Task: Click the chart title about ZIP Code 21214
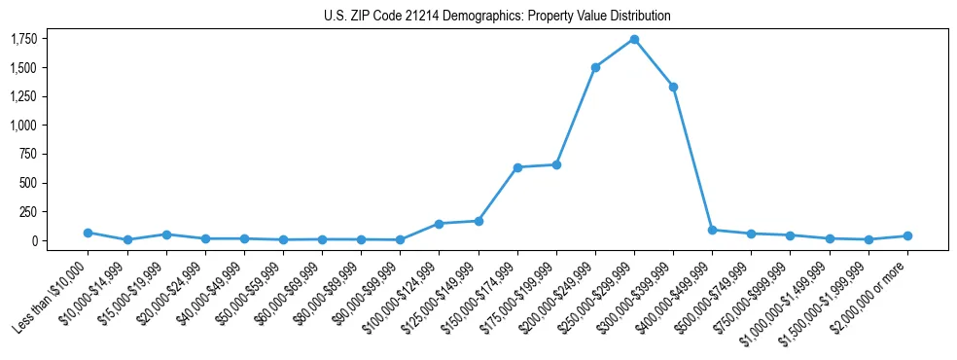[497, 17]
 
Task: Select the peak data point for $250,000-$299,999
[634, 39]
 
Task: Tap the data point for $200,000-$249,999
[595, 67]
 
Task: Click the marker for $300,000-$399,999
[673, 87]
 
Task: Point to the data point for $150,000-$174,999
[517, 167]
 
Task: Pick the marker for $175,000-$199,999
[556, 164]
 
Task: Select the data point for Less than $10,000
[88, 233]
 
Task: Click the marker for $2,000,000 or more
[907, 235]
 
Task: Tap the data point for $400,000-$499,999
[712, 230]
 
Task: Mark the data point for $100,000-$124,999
[439, 224]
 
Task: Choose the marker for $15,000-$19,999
[166, 234]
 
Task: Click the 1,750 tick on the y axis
[24, 39]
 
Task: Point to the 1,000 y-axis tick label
[24, 126]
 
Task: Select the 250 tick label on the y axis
[29, 211]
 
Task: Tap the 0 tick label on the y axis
[35, 240]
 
